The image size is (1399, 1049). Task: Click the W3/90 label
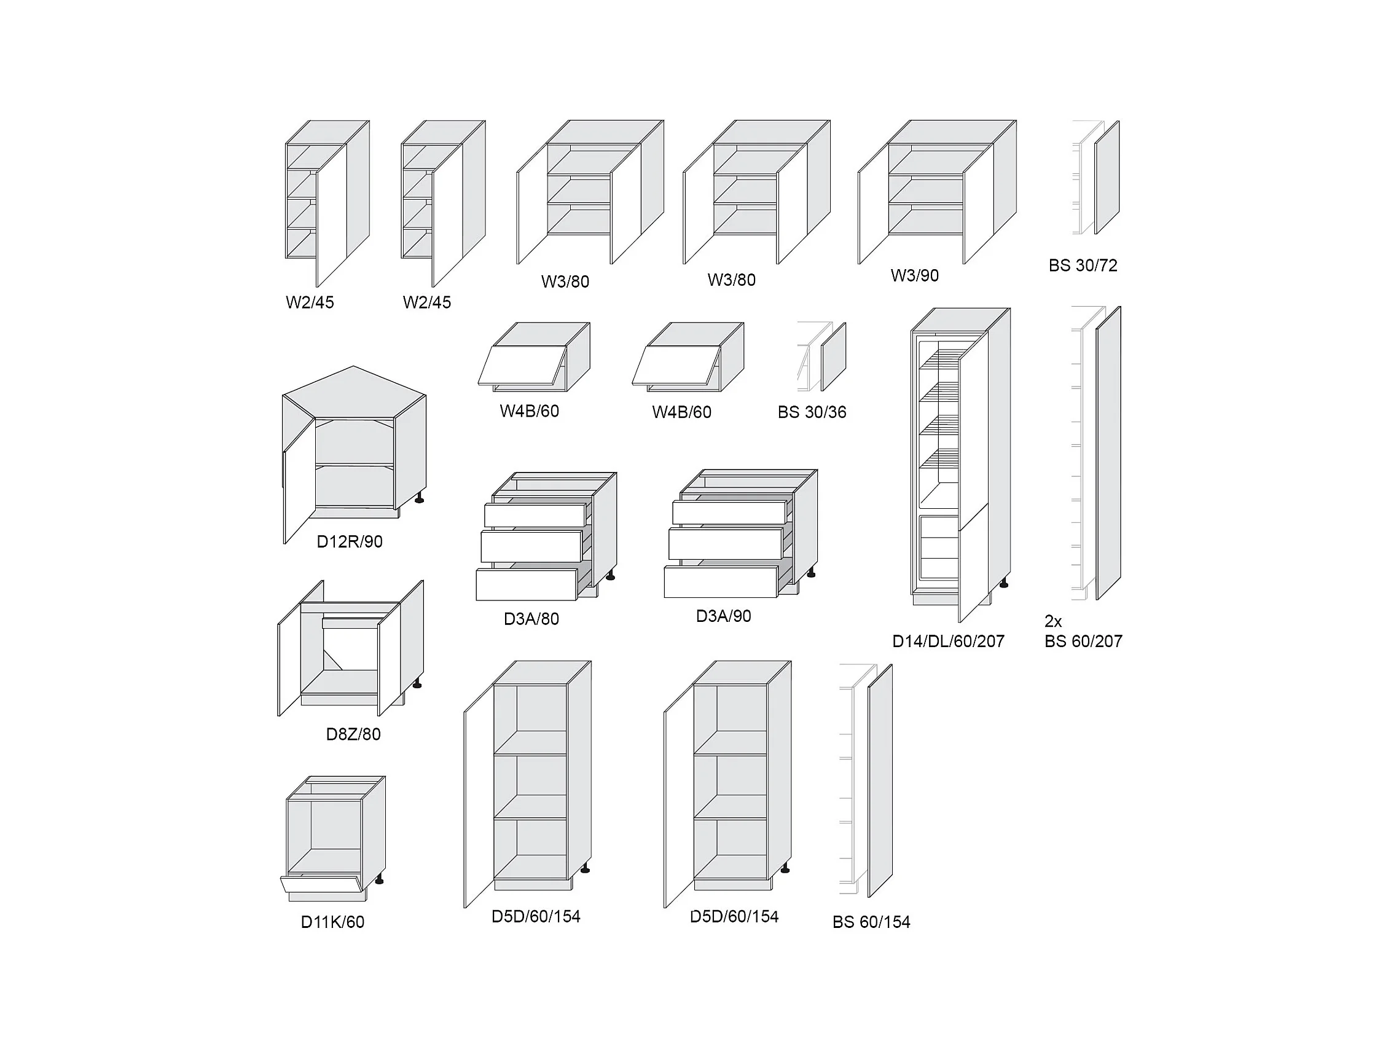914,276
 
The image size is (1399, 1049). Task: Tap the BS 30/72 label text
1083,265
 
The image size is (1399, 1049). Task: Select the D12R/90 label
349,541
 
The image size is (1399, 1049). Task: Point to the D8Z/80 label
353,734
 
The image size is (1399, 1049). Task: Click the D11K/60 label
332,922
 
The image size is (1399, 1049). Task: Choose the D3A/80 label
531,619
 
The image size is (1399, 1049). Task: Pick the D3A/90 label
723,616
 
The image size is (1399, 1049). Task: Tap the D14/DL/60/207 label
947,642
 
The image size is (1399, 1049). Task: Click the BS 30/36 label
812,412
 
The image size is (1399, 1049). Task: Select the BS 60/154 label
871,922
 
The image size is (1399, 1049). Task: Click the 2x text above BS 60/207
1053,621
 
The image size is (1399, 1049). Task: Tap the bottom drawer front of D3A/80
526,584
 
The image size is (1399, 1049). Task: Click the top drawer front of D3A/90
729,513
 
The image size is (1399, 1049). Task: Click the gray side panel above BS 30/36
833,357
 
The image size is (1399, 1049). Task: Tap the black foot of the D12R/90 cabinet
418,500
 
